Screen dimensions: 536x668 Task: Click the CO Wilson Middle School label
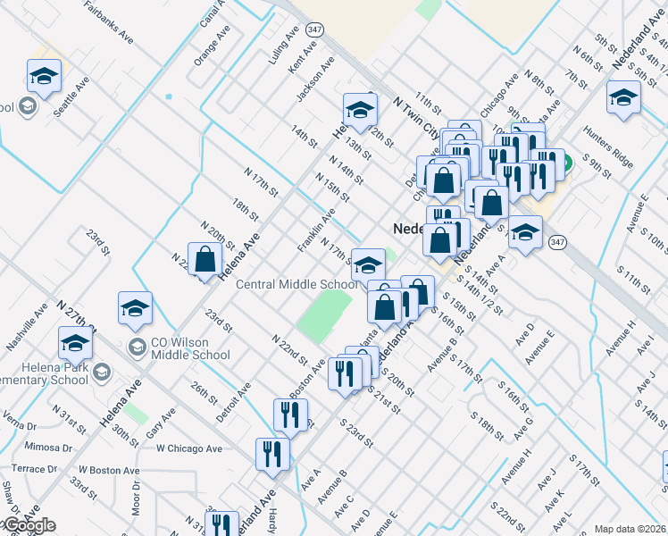[x=190, y=348]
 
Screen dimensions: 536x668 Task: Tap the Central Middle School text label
[x=296, y=285]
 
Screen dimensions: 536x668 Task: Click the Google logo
[x=29, y=525]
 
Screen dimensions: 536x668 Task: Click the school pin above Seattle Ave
[x=44, y=77]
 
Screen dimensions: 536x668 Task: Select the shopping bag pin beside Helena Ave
[x=205, y=261]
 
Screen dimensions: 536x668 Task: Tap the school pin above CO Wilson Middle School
[x=135, y=309]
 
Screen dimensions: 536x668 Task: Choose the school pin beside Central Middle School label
[x=368, y=265]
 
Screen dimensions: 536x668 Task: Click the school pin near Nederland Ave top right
[x=623, y=98]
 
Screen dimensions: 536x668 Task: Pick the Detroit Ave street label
[x=234, y=402]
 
